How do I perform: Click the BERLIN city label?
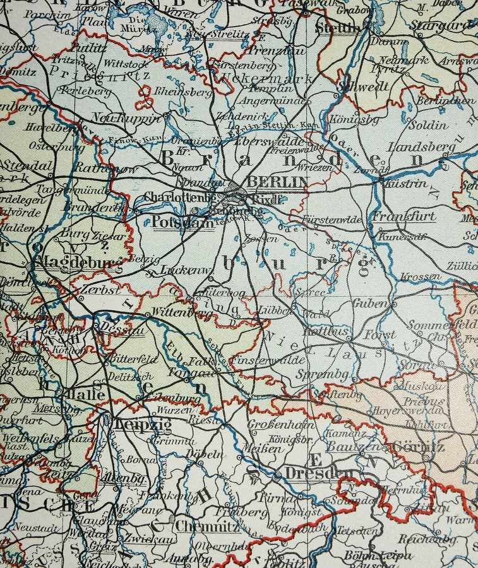[x=277, y=182]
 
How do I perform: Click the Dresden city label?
[x=318, y=473]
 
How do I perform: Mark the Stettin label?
[x=337, y=28]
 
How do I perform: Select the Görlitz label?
[x=418, y=447]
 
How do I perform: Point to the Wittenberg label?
[x=174, y=312]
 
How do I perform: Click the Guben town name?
[x=370, y=304]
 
